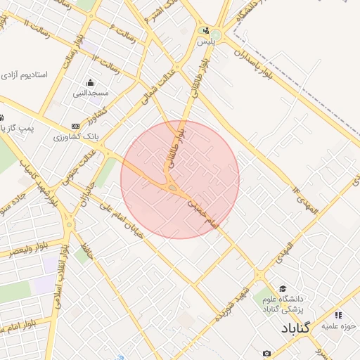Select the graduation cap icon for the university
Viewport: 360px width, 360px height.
pos(283,288)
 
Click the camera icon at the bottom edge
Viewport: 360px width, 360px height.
pos(266,353)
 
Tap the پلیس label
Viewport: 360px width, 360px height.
pos(205,41)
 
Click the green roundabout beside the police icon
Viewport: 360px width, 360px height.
pos(216,35)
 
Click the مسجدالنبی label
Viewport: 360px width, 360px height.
pos(91,93)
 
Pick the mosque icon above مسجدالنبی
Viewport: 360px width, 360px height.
pos(91,82)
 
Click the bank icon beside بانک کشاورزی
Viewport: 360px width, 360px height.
pos(76,125)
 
